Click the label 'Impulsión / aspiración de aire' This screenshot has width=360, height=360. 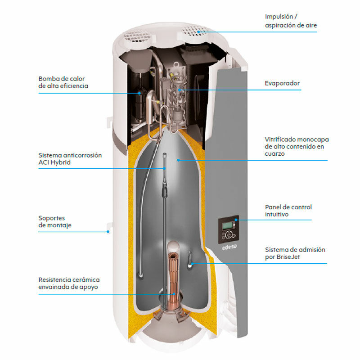(x=291, y=21)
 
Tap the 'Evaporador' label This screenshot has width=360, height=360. (x=282, y=83)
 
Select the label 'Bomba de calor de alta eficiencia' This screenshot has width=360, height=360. (x=63, y=82)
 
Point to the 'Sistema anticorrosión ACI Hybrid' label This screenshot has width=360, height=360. (x=70, y=158)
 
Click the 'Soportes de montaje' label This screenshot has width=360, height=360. (x=55, y=221)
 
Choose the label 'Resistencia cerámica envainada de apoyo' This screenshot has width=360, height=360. (x=69, y=283)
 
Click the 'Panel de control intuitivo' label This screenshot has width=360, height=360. (x=288, y=211)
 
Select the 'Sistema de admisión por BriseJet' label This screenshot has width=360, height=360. (x=295, y=253)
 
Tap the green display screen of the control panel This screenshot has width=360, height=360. (x=230, y=225)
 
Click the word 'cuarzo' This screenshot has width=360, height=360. (x=275, y=153)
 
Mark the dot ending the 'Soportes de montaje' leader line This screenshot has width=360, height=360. (x=108, y=232)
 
